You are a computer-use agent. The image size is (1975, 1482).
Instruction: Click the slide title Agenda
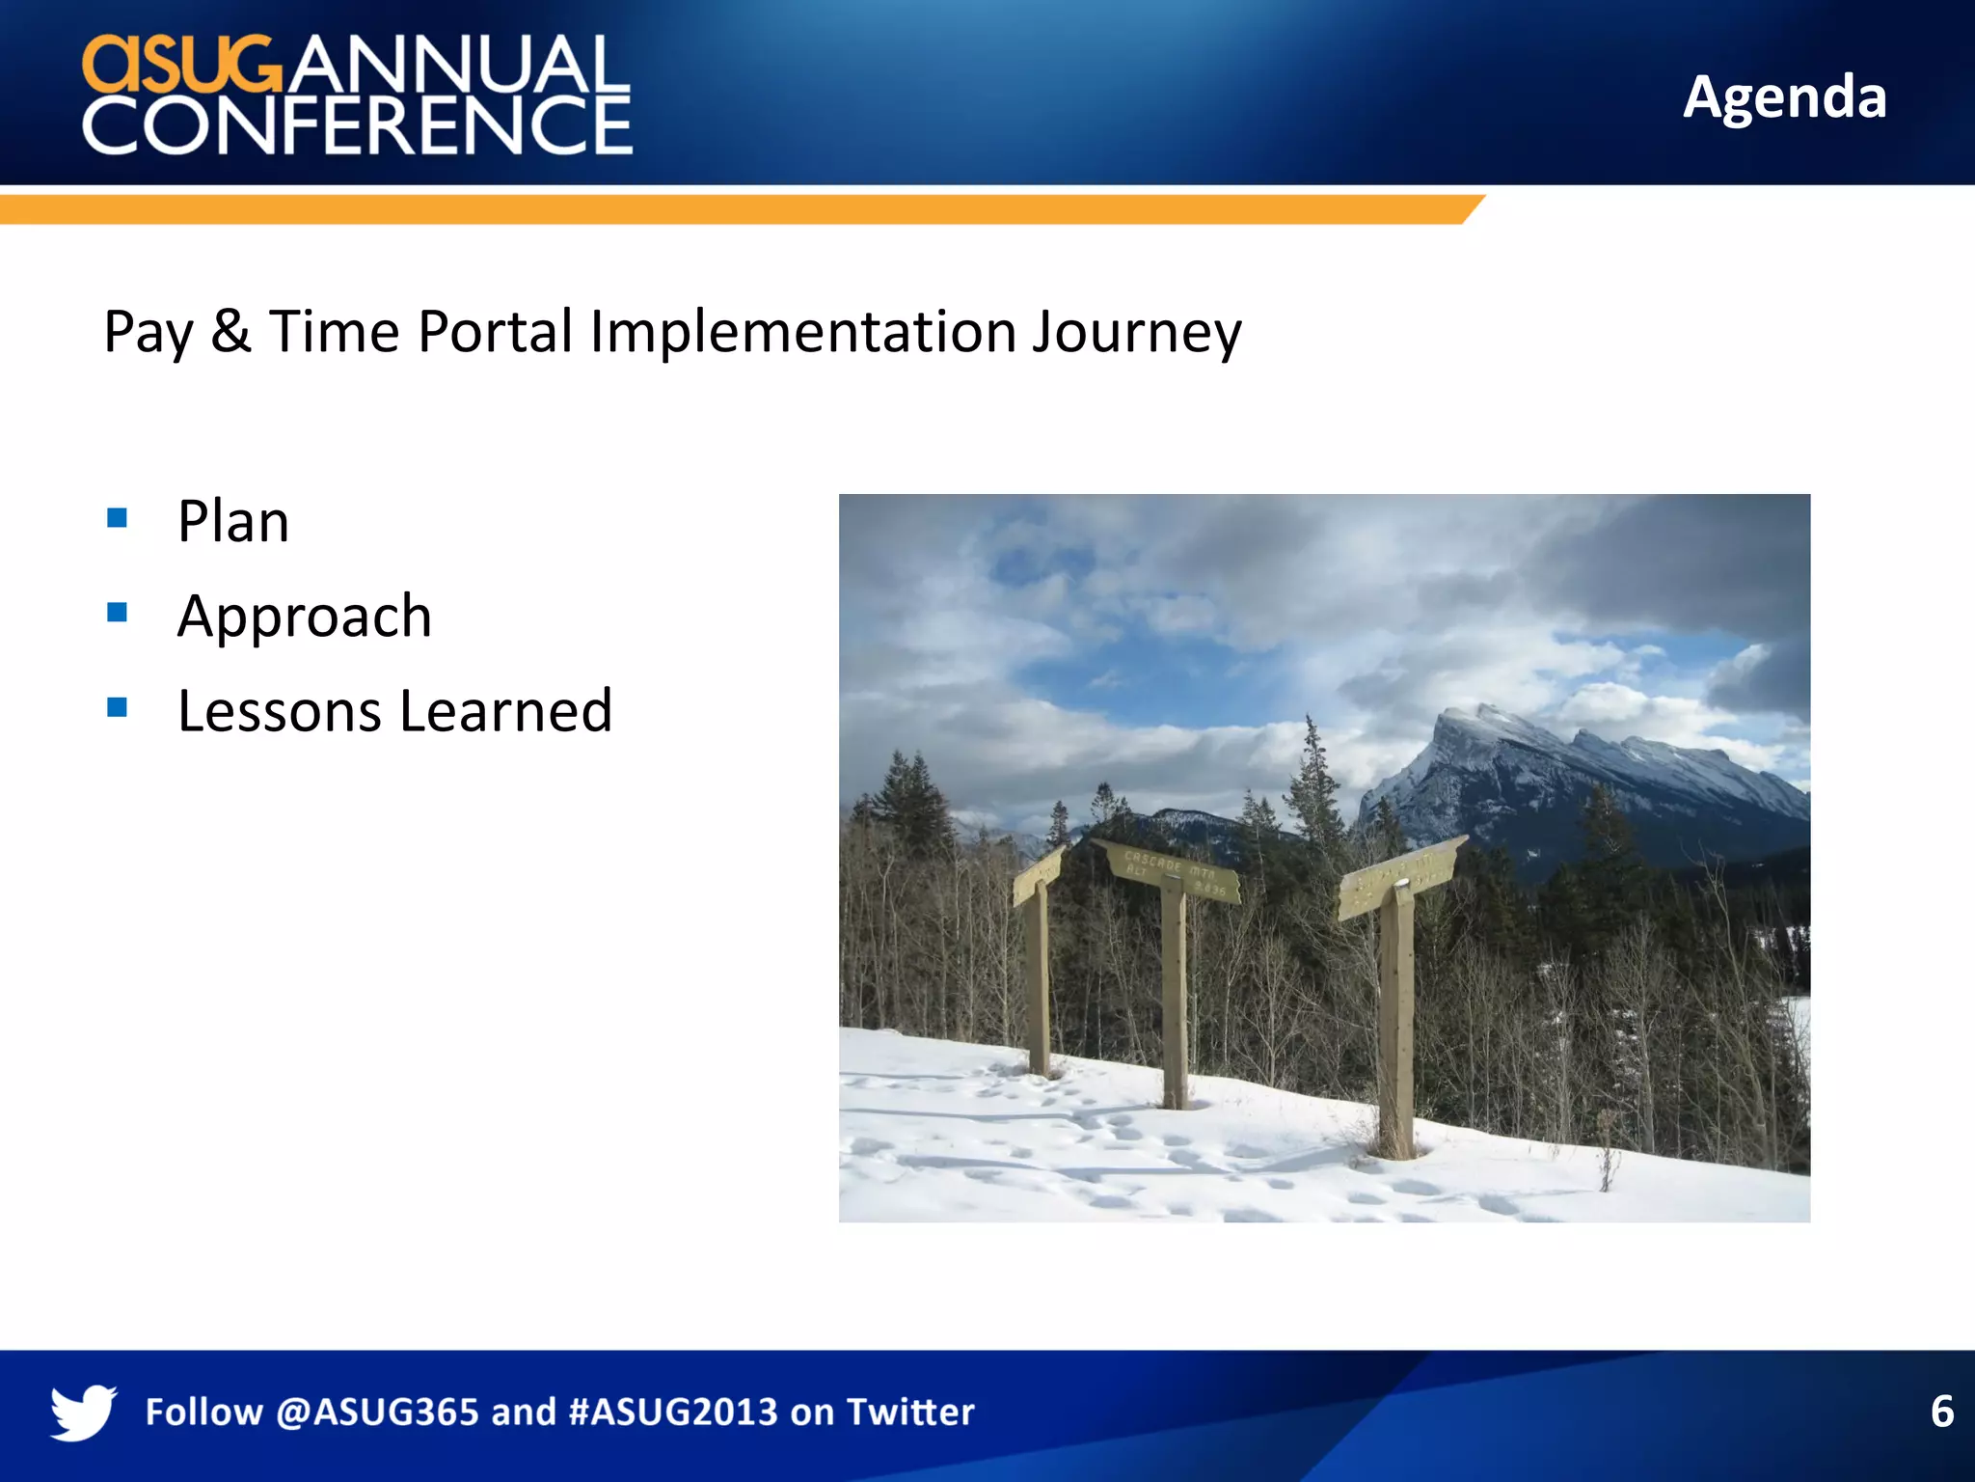[x=1784, y=97]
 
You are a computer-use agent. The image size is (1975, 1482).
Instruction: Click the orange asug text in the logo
[x=180, y=66]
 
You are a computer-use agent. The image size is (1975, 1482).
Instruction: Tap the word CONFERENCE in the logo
[x=357, y=124]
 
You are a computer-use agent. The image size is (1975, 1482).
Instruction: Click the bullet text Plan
[x=233, y=522]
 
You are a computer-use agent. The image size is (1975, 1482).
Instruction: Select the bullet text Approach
[x=305, y=617]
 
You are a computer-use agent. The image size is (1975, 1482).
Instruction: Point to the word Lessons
[x=280, y=712]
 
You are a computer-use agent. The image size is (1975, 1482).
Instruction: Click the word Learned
[x=505, y=712]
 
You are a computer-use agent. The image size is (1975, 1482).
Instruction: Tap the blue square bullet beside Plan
[x=118, y=518]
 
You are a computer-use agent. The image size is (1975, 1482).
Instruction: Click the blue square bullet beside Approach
[x=118, y=613]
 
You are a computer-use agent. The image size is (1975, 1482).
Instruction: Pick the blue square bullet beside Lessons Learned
[x=118, y=708]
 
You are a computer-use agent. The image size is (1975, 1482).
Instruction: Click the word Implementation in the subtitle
[x=802, y=333]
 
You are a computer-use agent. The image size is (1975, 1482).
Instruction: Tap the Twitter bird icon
[x=84, y=1412]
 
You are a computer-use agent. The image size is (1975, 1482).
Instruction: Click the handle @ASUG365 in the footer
[x=377, y=1412]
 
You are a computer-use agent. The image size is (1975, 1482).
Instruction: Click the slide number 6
[x=1941, y=1412]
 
